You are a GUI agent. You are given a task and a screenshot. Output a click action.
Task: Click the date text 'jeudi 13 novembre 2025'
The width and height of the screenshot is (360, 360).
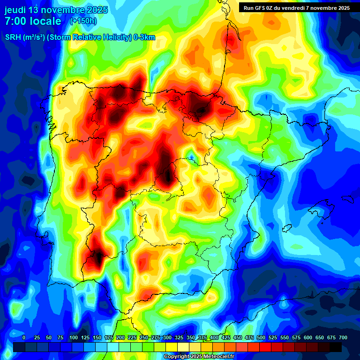56,10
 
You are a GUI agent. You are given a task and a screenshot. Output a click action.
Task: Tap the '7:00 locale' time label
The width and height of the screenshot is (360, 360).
33,21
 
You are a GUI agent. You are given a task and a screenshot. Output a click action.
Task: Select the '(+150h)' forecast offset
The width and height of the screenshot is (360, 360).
83,21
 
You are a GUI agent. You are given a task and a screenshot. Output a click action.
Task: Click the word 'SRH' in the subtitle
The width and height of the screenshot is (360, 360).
13,37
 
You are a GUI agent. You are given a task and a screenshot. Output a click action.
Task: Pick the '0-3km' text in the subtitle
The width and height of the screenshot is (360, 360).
145,37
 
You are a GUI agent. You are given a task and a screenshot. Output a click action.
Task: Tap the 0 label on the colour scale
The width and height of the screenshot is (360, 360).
24,337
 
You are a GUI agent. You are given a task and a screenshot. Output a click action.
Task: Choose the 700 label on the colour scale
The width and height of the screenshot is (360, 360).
343,337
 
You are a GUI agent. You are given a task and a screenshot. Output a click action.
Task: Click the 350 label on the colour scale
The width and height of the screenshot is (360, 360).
191,337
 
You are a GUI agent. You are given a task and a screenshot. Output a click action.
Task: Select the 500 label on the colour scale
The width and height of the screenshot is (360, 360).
261,337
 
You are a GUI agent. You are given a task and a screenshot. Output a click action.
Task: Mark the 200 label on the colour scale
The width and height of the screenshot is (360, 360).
120,337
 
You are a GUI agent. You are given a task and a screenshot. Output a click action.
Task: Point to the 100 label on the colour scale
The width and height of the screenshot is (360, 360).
74,337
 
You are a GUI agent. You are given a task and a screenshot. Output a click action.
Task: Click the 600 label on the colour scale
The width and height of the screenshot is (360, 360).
308,337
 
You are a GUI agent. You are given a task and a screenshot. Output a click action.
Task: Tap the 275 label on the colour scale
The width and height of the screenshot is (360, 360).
156,337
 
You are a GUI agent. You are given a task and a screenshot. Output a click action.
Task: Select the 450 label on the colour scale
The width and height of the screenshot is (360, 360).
238,337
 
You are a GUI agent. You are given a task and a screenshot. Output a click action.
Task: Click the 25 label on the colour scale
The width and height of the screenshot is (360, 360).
37,337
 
